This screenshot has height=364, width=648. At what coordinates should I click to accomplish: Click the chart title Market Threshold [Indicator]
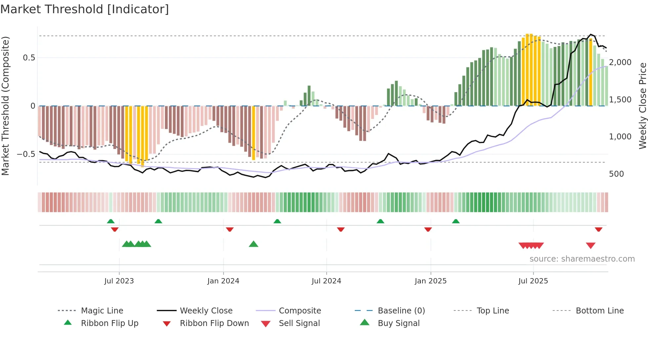coord(85,9)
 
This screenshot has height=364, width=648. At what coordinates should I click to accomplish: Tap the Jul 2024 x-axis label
coord(326,281)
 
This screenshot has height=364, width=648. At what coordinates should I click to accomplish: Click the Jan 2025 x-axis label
coord(430,281)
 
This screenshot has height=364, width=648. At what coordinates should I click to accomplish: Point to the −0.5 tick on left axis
coord(26,154)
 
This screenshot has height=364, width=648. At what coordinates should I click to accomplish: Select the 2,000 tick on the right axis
coord(620,62)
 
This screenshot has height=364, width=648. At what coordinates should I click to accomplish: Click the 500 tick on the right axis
coord(616,174)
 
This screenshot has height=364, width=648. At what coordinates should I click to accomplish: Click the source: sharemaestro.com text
coord(582,259)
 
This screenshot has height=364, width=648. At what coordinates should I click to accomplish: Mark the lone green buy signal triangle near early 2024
coord(254,244)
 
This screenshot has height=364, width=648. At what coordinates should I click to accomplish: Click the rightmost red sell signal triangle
coord(590,245)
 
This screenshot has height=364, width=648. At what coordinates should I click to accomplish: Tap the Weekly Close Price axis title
coord(642,106)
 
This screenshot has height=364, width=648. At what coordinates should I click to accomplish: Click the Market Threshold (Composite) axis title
coord(5,106)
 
